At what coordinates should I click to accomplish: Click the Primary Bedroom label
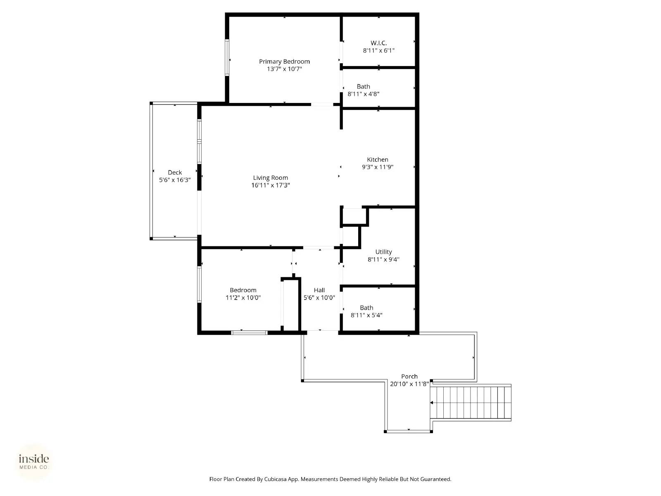point(284,62)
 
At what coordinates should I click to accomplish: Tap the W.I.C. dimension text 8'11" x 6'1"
point(378,50)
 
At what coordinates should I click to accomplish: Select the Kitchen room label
point(377,160)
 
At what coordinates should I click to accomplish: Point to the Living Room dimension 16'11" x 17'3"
point(270,185)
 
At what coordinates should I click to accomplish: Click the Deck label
point(175,172)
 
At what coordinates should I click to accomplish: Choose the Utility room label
point(383,252)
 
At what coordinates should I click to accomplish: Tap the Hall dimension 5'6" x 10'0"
point(319,298)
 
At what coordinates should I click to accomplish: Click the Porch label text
point(409,376)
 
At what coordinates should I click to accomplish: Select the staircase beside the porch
point(471,403)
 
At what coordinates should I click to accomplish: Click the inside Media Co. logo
point(34,462)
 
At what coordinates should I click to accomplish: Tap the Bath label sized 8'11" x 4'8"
point(363,86)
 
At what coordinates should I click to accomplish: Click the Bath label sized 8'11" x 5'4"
point(366,308)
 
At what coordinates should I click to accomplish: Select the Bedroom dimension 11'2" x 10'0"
point(243,298)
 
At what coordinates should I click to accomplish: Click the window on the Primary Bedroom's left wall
point(227,57)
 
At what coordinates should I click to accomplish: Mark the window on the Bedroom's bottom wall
point(249,332)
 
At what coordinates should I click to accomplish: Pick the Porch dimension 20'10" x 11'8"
point(409,384)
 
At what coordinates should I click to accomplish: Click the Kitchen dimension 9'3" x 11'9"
point(377,167)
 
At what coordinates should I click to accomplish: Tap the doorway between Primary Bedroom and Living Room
point(322,105)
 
